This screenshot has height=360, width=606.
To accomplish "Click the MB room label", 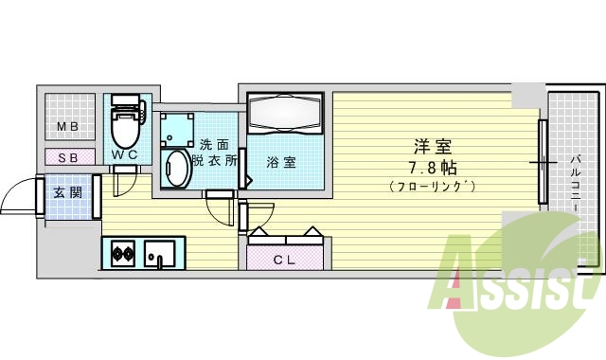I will point(66,127).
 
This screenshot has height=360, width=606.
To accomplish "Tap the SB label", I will point(67,158).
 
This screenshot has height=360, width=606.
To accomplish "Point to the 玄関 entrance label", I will point(67,193).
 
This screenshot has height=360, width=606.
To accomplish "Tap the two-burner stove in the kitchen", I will point(122,253).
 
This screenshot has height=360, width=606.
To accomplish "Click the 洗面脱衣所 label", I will point(213,153).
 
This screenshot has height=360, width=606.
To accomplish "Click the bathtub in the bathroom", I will point(285,115).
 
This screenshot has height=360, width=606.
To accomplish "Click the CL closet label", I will point(284,259).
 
